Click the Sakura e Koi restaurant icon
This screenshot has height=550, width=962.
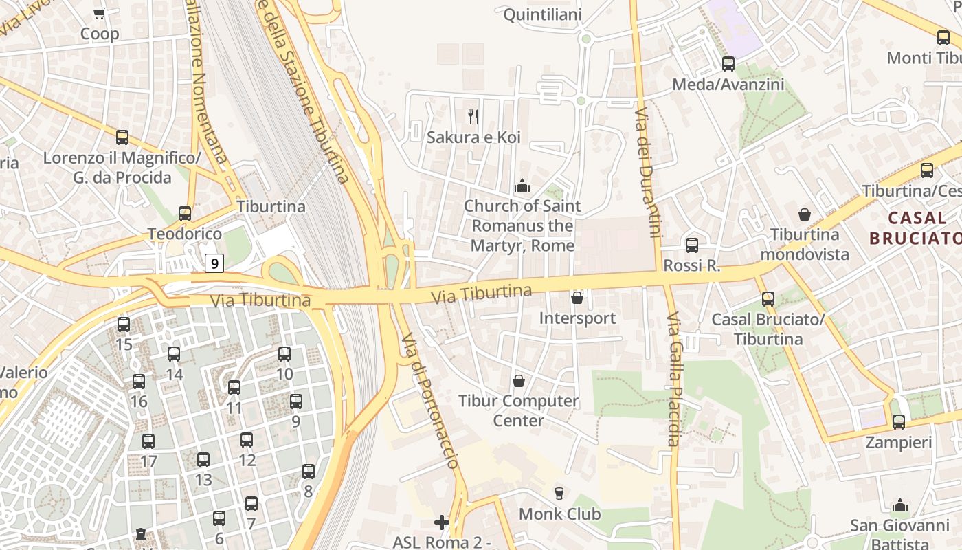click(473, 117)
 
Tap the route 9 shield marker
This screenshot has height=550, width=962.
click(215, 263)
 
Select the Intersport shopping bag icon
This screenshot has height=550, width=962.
click(577, 298)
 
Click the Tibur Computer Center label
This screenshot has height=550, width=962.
click(519, 410)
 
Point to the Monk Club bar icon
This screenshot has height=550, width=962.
click(559, 493)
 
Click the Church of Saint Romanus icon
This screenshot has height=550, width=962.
click(522, 186)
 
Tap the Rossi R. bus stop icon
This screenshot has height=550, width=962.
click(692, 245)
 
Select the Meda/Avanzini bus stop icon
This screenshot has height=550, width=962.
click(728, 64)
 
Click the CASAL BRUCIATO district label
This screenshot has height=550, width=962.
click(915, 228)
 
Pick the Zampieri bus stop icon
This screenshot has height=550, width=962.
click(899, 422)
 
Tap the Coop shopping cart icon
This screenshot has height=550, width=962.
click(100, 13)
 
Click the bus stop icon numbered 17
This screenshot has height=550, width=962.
click(148, 441)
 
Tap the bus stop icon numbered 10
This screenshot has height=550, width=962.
click(284, 354)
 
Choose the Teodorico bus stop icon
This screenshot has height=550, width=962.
click(185, 214)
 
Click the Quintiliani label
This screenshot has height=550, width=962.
click(543, 14)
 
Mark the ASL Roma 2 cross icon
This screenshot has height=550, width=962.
click(442, 522)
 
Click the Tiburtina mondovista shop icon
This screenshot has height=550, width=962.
click(805, 214)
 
